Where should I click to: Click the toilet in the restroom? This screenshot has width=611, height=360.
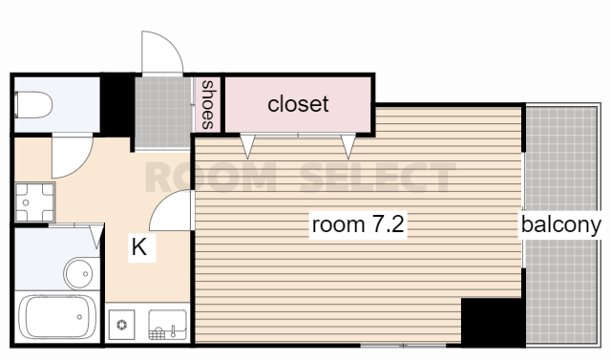[x=33, y=104]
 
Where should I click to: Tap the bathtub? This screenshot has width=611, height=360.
[x=57, y=317]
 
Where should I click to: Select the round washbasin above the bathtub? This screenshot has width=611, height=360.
[x=79, y=273]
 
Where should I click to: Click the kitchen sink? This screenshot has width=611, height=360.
[x=168, y=325]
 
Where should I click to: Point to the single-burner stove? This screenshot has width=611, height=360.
[x=122, y=324]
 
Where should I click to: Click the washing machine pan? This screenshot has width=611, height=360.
[x=34, y=202]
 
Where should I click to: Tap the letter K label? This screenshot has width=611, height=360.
[x=139, y=247]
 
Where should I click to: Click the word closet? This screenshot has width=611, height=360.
[x=298, y=104]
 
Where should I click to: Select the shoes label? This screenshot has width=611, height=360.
[x=208, y=104]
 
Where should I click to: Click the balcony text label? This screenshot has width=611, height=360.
[x=561, y=224]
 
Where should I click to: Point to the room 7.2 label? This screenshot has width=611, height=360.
[x=358, y=224]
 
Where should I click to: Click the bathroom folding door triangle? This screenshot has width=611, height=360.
[x=96, y=236]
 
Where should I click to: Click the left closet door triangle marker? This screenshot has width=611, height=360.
[x=247, y=146]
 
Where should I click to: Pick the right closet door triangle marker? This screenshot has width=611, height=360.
[x=348, y=146]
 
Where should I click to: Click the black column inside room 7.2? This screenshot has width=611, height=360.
[x=493, y=322]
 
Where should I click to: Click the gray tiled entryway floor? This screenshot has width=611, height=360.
[x=163, y=113]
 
